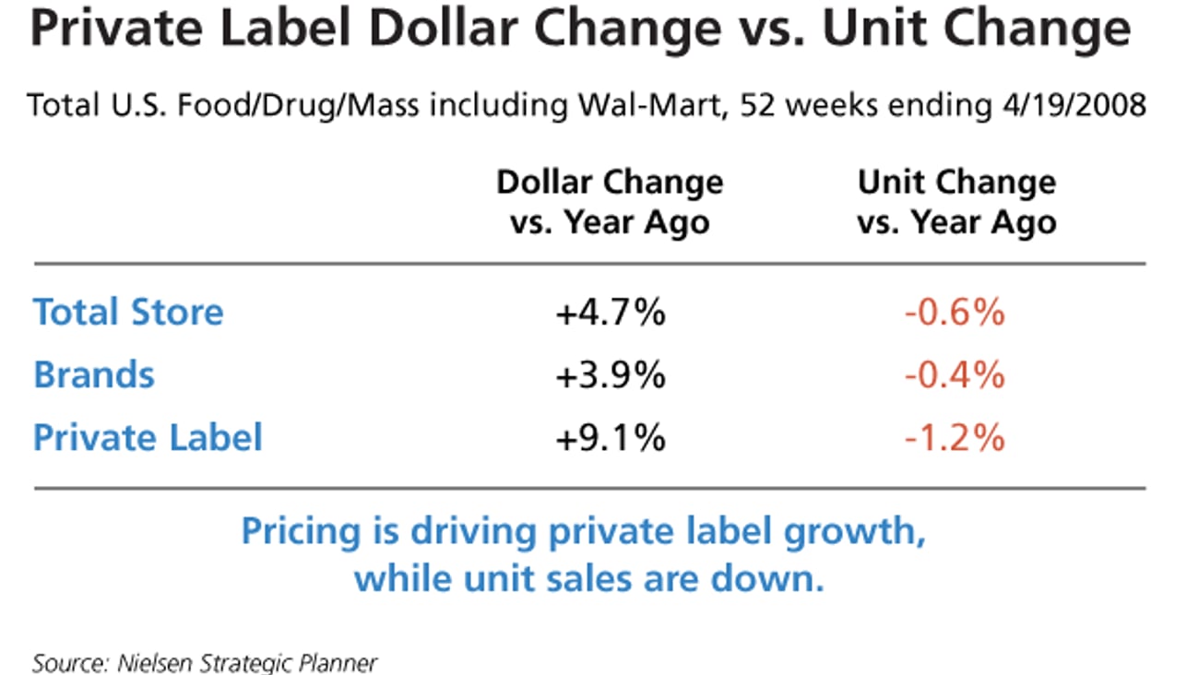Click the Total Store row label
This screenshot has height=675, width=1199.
(128, 313)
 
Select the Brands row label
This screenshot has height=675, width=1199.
(94, 375)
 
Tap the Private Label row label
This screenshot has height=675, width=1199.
(148, 437)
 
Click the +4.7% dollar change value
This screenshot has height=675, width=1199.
(610, 314)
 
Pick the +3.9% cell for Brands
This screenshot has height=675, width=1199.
(610, 375)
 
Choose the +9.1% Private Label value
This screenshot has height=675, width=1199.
(610, 438)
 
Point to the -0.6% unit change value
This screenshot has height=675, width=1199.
(955, 314)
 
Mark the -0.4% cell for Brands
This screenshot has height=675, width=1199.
(955, 375)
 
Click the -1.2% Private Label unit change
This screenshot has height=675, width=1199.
(955, 438)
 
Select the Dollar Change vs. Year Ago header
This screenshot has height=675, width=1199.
(610, 202)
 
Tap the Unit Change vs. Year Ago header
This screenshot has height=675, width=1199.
(956, 202)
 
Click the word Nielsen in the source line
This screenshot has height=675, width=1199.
(145, 662)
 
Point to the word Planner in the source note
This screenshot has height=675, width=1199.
(339, 662)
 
